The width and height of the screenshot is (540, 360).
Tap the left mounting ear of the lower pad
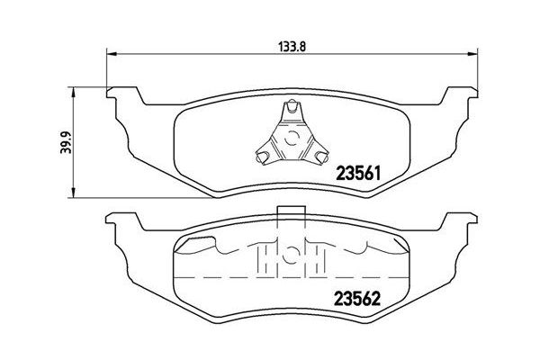121,221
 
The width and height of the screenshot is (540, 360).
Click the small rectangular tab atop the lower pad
289,214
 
